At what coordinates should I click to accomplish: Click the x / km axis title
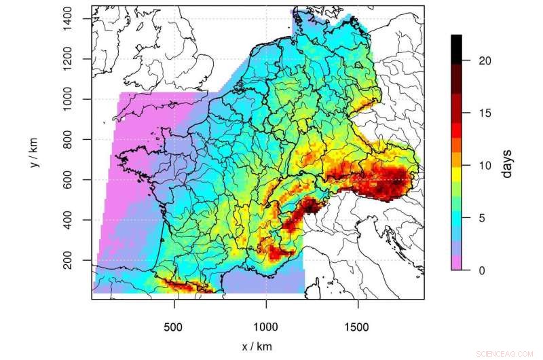(x=257, y=346)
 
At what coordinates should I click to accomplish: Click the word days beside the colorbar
(x=506, y=164)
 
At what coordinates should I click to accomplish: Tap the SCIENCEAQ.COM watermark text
(x=506, y=354)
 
